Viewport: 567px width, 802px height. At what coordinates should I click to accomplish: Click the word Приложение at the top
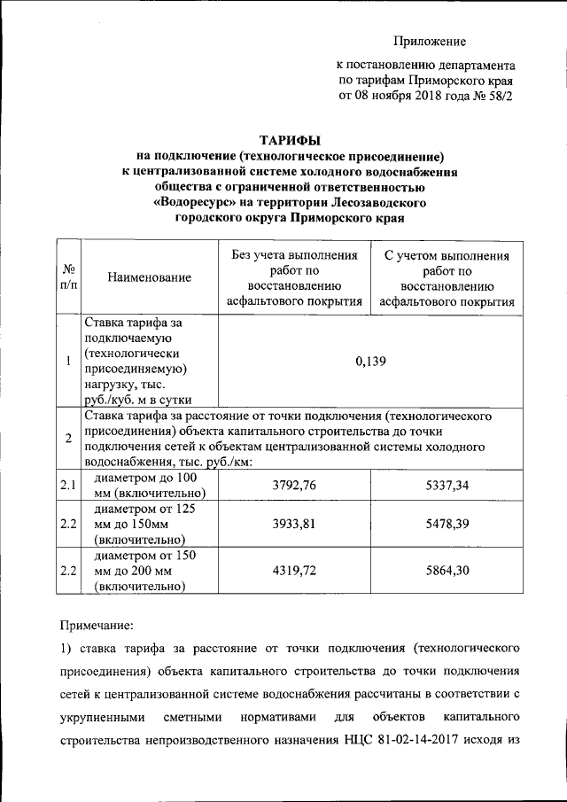tap(430, 41)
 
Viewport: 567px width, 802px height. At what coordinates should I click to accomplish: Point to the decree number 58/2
tap(497, 96)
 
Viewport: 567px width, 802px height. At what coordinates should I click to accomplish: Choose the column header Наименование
tap(149, 278)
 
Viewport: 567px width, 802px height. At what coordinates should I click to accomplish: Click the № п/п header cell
tap(68, 278)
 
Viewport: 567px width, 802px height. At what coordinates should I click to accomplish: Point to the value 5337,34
tap(447, 486)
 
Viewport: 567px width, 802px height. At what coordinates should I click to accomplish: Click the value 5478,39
tap(447, 524)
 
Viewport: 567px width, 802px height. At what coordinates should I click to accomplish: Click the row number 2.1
tap(68, 486)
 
